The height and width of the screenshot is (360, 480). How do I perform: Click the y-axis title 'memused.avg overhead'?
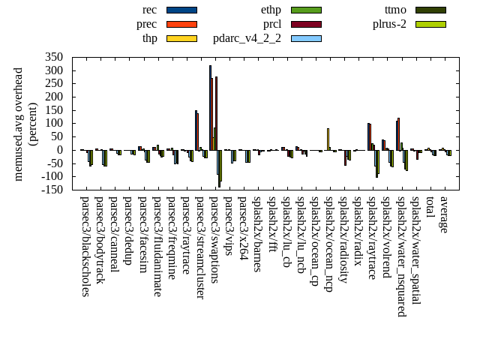(x=19, y=124)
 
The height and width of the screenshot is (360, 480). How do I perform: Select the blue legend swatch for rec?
(x=181, y=10)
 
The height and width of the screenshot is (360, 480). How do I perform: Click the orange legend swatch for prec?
(x=181, y=24)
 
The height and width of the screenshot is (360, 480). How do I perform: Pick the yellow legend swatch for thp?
(x=181, y=38)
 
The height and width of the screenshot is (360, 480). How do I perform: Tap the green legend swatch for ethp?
(x=306, y=10)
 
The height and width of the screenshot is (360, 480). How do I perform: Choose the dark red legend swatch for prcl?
(x=306, y=24)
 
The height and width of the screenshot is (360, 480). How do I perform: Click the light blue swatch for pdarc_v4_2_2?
(x=306, y=38)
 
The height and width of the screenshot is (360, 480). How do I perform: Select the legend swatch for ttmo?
(x=430, y=10)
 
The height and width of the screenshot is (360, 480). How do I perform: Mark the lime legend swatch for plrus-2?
(x=430, y=24)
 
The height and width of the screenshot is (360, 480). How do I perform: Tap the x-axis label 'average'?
(x=444, y=214)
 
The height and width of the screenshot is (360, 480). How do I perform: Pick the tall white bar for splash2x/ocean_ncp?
(x=328, y=139)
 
